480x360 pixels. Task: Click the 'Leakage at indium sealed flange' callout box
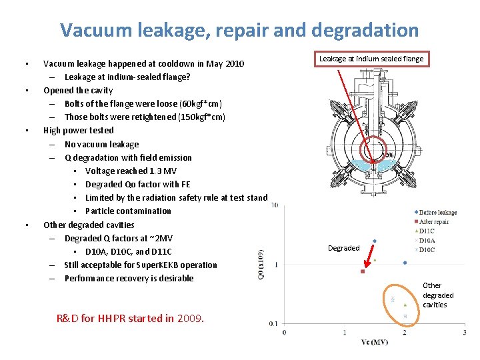click(371, 59)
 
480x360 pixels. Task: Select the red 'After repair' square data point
click(363, 271)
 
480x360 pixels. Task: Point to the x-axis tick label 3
click(464, 332)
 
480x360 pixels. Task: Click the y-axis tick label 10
click(275, 205)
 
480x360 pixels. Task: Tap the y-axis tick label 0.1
click(273, 323)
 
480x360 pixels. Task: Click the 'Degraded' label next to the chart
click(343, 248)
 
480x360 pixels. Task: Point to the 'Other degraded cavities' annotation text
click(438, 295)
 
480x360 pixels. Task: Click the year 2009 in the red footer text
click(191, 318)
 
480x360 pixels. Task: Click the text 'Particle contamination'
click(128, 211)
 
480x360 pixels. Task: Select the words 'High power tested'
click(79, 131)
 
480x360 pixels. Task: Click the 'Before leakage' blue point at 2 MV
click(405, 263)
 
